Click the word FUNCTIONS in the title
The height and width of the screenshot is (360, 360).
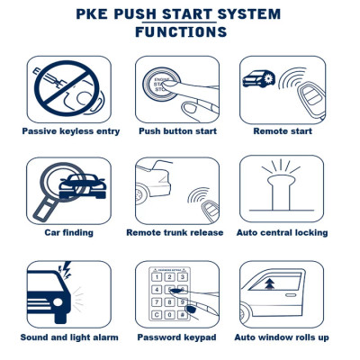180,32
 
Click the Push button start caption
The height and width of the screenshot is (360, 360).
178,131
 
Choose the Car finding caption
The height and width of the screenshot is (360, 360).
68,232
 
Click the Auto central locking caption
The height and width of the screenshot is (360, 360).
282,232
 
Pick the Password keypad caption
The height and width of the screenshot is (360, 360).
178,337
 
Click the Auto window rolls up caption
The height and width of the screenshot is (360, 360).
282,337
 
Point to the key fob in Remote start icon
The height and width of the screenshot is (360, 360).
310,91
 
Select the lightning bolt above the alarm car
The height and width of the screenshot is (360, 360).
64,269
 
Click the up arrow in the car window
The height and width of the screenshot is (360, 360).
270,286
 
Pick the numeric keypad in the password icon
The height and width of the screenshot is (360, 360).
171,297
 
